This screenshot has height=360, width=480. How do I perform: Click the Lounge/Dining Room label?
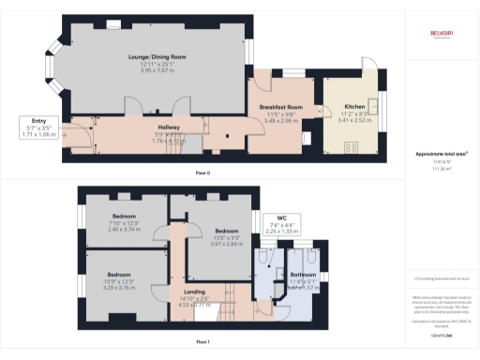pyautogui.click(x=157, y=56)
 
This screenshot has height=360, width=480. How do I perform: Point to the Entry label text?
pyautogui.click(x=38, y=121)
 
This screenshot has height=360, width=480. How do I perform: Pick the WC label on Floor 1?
pyautogui.click(x=279, y=218)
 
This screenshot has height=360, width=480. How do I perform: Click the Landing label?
pyautogui.click(x=182, y=292)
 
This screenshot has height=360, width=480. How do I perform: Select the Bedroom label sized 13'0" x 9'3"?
pyautogui.click(x=229, y=230)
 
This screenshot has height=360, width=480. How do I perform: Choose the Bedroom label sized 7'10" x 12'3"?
pyautogui.click(x=124, y=217)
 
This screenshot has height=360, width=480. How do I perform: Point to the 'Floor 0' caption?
pyautogui.click(x=202, y=172)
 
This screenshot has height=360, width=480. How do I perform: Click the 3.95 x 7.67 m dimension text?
pyautogui.click(x=157, y=70)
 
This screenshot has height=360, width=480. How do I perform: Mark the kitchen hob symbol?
pyautogui.click(x=355, y=146)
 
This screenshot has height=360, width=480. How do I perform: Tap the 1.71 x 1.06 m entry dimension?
pyautogui.click(x=38, y=135)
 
